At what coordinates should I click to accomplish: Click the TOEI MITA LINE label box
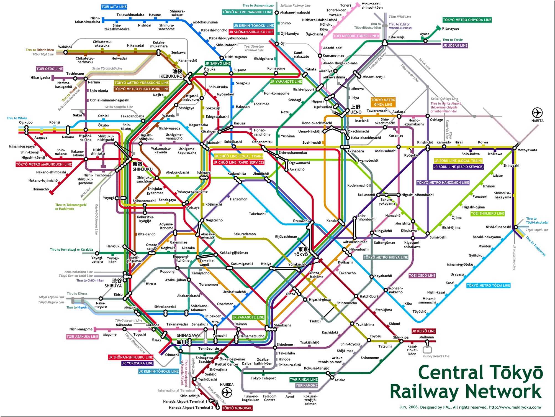click(x=114, y=7)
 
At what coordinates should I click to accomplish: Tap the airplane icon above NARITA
click(x=537, y=113)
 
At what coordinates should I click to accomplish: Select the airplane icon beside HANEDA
click(x=227, y=392)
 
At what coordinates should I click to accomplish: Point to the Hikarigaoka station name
click(x=40, y=78)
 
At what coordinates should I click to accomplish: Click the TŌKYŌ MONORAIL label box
click(x=237, y=408)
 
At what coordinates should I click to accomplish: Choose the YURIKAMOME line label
click(x=306, y=385)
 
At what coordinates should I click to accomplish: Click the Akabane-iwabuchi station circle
click(x=276, y=12)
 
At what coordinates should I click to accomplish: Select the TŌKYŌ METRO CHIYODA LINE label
click(x=467, y=20)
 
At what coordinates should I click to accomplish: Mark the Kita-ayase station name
click(x=451, y=29)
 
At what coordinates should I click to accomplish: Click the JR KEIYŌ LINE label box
click(x=423, y=331)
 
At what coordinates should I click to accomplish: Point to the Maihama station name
click(x=426, y=337)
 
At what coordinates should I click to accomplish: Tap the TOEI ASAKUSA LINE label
click(x=82, y=337)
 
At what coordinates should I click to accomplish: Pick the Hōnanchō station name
click(x=41, y=189)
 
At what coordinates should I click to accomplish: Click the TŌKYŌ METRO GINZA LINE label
click(x=383, y=102)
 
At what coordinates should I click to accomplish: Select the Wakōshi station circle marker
click(x=65, y=52)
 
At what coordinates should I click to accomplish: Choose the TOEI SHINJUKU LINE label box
click(x=487, y=213)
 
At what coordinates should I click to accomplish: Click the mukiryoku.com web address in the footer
click(x=515, y=407)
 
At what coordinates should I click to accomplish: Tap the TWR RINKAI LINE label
click(x=304, y=380)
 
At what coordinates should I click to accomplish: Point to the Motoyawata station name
click(x=527, y=150)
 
